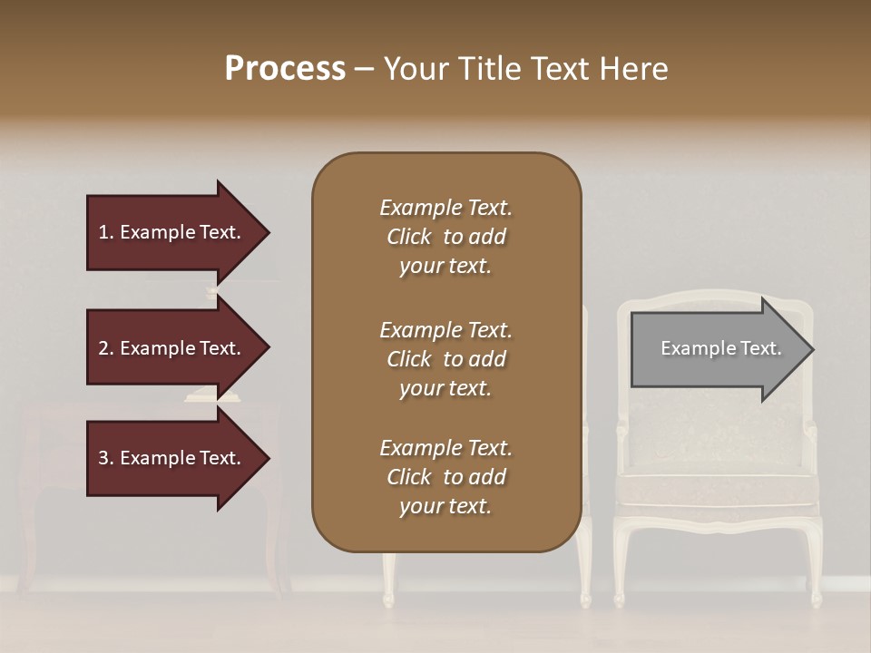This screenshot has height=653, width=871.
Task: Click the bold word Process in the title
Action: click(x=285, y=69)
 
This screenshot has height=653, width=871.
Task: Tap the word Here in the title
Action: click(x=634, y=69)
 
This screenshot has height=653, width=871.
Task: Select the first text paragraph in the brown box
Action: click(x=445, y=237)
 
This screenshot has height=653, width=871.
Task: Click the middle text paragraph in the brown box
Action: click(x=445, y=359)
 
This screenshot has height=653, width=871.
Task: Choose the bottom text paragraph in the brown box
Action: click(x=445, y=477)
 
